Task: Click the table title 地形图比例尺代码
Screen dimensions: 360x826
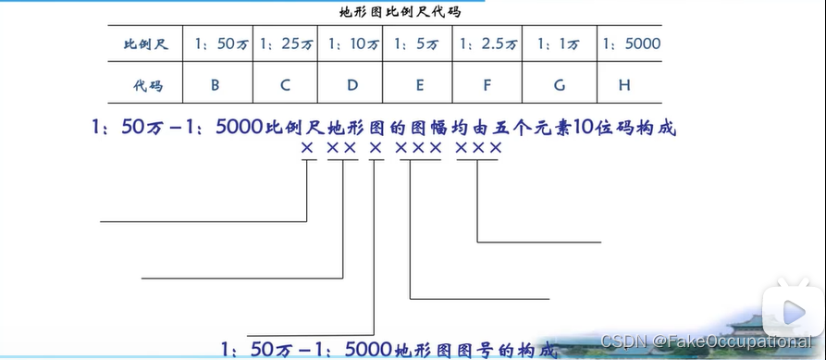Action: tap(401, 13)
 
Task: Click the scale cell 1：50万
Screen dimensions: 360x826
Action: tap(215, 43)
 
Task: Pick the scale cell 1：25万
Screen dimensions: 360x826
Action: tap(286, 43)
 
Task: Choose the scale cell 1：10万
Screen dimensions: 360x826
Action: tap(352, 43)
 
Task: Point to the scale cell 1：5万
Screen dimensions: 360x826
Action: tap(419, 43)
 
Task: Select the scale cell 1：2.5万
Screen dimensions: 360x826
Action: tap(487, 43)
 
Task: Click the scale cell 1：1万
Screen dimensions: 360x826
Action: tap(560, 43)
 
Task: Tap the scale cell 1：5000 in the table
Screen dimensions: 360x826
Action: tap(630, 43)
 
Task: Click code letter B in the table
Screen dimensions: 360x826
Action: tap(215, 85)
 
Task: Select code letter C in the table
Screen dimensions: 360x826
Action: tap(286, 85)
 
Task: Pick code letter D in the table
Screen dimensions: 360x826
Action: tap(352, 85)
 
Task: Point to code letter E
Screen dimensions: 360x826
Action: tap(419, 85)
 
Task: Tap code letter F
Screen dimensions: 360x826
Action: tap(487, 85)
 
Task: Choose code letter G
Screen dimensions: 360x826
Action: tap(560, 85)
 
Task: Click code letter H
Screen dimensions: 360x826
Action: tap(625, 85)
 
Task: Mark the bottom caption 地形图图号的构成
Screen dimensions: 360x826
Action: tap(390, 350)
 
